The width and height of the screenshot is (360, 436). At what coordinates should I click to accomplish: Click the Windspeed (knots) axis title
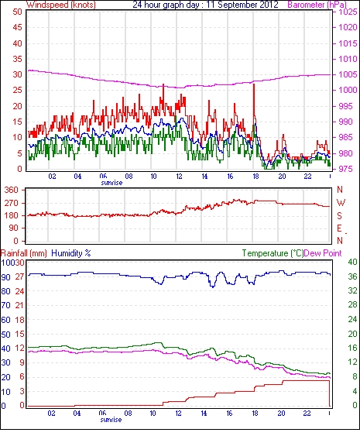coord(61,5)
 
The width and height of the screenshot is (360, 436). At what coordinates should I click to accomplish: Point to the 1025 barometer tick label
coord(348,12)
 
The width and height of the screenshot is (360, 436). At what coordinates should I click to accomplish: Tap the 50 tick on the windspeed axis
coord(17,12)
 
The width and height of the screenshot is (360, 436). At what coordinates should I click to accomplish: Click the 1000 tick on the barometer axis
coord(348,90)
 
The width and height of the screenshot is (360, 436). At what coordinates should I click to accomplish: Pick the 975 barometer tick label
coord(347,169)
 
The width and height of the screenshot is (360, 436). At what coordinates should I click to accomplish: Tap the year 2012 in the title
coord(269,5)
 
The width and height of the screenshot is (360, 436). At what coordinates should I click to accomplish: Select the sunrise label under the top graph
coord(111,183)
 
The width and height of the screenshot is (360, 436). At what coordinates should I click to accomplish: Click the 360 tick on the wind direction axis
coord(12,191)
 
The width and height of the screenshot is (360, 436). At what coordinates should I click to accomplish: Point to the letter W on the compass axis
coord(341,203)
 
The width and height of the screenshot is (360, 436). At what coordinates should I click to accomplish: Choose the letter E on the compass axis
coord(339,228)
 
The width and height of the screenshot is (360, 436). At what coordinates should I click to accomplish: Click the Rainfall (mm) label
coord(24,253)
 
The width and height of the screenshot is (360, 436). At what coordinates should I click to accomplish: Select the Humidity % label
coord(71,253)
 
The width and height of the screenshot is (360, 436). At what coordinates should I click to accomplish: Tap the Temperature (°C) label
coord(273,253)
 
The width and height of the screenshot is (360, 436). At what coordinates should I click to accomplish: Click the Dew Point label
coord(323,253)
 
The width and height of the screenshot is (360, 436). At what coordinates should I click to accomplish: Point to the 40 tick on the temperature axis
coord(352,262)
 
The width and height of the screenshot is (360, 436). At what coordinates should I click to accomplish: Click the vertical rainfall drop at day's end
coord(330,393)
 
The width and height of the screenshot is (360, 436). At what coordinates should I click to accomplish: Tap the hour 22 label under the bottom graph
coord(307,414)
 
